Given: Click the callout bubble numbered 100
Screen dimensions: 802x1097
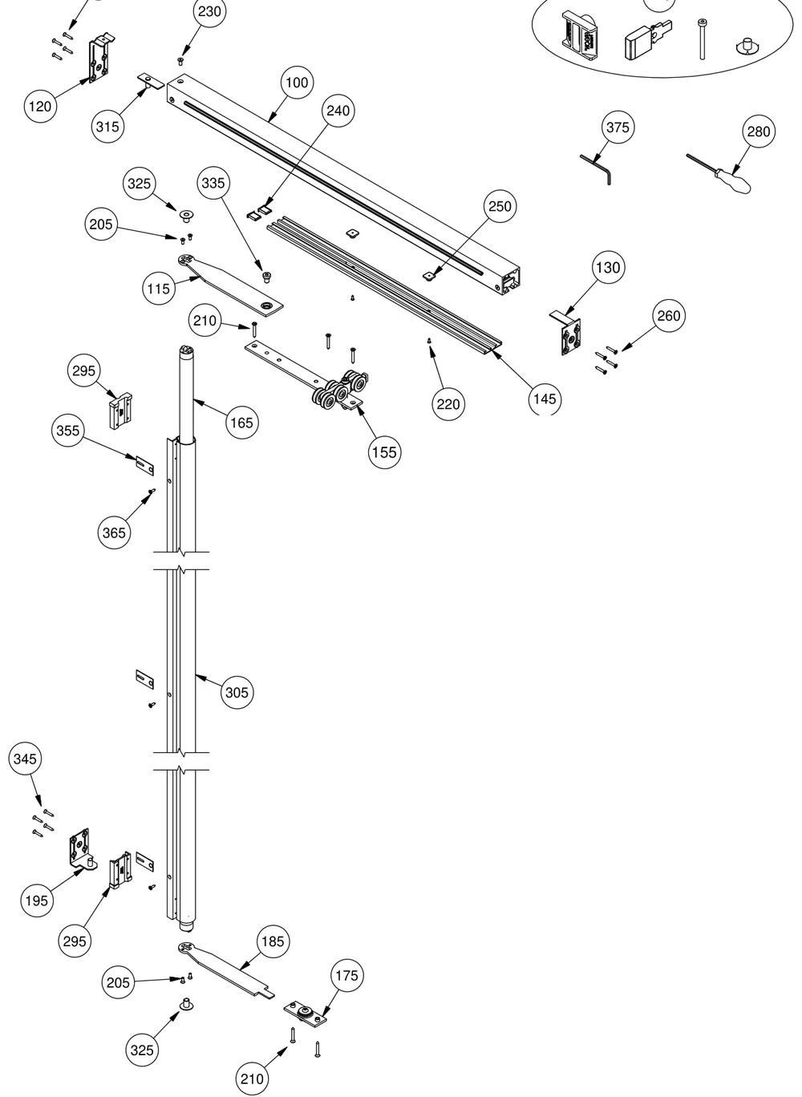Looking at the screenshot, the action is pyautogui.click(x=297, y=83).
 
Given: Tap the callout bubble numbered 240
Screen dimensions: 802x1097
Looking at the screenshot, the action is pyautogui.click(x=338, y=111).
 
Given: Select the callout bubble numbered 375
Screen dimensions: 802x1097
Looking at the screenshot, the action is pyautogui.click(x=618, y=128).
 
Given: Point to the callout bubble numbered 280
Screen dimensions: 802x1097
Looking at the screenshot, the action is pyautogui.click(x=759, y=132).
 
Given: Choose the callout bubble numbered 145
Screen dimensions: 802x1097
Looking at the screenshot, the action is pyautogui.click(x=545, y=399).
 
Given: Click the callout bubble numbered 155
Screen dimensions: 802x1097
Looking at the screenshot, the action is pyautogui.click(x=385, y=452).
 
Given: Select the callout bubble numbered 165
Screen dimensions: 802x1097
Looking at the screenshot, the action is pyautogui.click(x=242, y=422).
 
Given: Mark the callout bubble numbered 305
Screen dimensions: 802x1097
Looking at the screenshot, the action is pyautogui.click(x=237, y=693).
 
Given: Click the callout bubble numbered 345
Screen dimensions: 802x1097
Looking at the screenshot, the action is pyautogui.click(x=25, y=759).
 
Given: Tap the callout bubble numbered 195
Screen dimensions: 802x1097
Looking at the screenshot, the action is pyautogui.click(x=37, y=901).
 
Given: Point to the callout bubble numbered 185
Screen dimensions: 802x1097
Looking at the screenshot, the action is pyautogui.click(x=273, y=941).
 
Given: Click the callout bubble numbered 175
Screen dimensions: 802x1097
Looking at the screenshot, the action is pyautogui.click(x=346, y=976).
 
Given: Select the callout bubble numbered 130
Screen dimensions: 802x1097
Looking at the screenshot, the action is pyautogui.click(x=608, y=267).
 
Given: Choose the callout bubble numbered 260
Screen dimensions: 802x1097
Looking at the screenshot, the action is pyautogui.click(x=669, y=316).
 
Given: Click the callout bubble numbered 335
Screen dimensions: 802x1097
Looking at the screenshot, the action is pyautogui.click(x=213, y=183).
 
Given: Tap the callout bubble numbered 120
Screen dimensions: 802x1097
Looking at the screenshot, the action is pyautogui.click(x=40, y=107).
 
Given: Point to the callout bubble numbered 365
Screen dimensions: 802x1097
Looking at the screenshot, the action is pyautogui.click(x=114, y=532).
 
